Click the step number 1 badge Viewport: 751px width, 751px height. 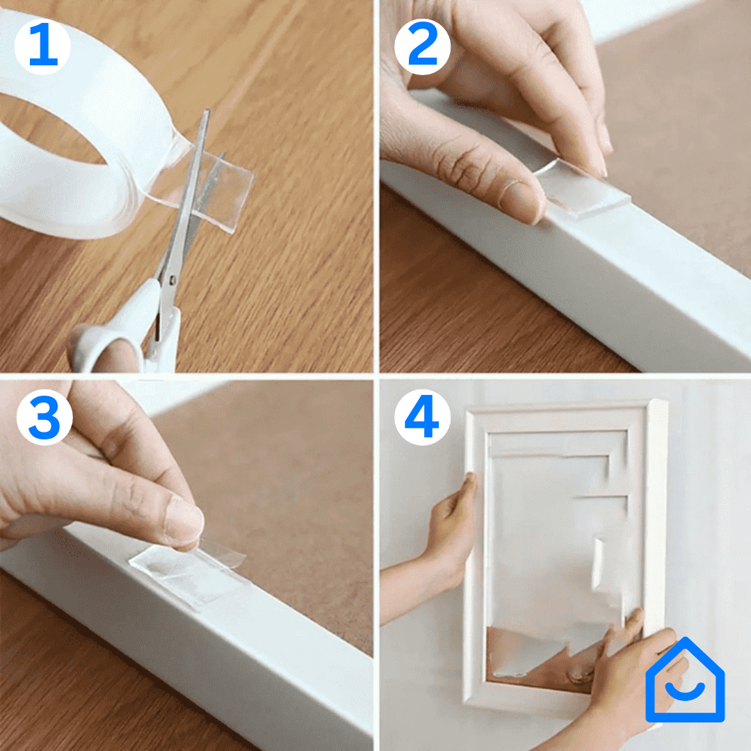point(42,47)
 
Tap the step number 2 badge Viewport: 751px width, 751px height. point(423,47)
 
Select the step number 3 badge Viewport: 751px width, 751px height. point(44,417)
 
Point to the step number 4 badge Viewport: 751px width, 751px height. point(423,417)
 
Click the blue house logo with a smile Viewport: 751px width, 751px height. point(685,679)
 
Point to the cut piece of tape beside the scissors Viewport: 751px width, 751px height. point(225,192)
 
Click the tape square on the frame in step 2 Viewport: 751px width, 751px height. point(582,189)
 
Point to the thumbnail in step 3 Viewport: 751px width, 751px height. point(184,519)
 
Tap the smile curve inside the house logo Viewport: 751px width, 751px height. point(685,691)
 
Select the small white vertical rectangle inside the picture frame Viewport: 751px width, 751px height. point(598,563)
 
